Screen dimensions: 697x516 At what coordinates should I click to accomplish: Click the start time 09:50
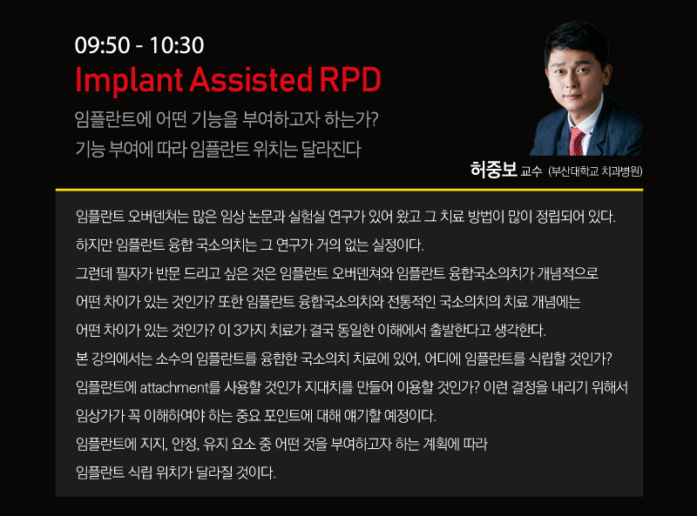[102, 45]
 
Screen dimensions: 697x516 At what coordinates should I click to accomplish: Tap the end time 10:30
[177, 45]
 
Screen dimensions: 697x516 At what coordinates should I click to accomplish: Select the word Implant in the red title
[129, 80]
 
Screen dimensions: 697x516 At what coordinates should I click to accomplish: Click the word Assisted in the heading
[251, 80]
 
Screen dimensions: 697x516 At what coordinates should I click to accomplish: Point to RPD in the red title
[350, 80]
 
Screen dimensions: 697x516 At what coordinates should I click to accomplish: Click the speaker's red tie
[577, 141]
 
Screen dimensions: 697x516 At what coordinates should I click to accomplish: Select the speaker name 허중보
[493, 170]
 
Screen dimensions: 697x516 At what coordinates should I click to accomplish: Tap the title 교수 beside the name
[531, 171]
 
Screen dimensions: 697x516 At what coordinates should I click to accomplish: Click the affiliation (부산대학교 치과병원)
[595, 171]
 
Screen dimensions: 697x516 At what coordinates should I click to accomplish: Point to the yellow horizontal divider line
[349, 190]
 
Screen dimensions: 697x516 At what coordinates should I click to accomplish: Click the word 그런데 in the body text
[94, 273]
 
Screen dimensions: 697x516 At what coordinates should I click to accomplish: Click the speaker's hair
[577, 40]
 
